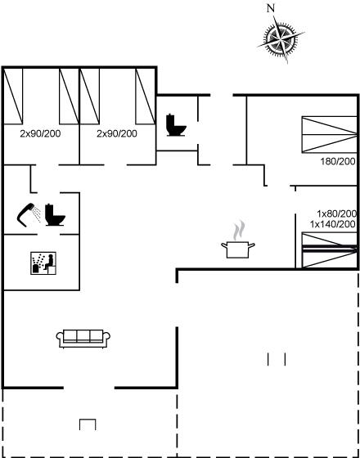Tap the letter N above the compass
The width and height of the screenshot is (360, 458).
tap(271, 8)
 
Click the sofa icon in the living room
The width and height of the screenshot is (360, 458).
tap(83, 339)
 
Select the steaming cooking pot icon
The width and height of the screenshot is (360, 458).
tap(238, 249)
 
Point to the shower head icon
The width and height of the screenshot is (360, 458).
tap(29, 214)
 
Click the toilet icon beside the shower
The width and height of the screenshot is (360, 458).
tap(55, 214)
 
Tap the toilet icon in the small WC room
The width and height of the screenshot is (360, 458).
tap(176, 125)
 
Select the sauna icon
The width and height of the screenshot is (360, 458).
tap(43, 263)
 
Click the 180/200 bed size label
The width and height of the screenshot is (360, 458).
tap(338, 161)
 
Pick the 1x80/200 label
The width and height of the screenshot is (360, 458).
tap(337, 213)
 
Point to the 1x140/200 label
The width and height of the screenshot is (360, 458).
tap(333, 224)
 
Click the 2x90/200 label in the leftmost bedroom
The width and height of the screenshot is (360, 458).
tap(40, 134)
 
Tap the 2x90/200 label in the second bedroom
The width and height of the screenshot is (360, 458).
tap(117, 134)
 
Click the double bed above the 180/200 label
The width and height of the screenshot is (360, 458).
tap(330, 134)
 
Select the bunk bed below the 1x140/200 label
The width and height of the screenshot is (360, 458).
tap(330, 249)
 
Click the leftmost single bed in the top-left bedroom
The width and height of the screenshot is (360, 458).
tap(13, 97)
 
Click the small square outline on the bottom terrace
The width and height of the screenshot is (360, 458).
tap(88, 424)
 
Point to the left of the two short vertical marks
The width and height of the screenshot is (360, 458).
tap(268, 359)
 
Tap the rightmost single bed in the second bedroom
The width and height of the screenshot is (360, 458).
tap(146, 97)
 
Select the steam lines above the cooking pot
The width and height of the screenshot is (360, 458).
tap(239, 230)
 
